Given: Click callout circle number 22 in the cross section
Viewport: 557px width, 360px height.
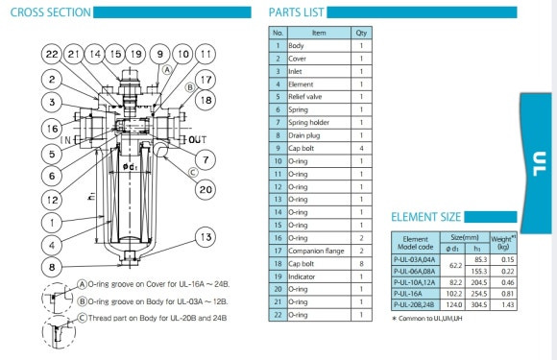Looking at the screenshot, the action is [52, 54].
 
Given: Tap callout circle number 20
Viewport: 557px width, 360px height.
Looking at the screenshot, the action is [206, 189].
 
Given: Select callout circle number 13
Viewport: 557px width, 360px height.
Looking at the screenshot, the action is [206, 237].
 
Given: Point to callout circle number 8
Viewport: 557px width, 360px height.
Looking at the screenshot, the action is [52, 267].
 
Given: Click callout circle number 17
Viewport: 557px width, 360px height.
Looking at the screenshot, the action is [206, 80].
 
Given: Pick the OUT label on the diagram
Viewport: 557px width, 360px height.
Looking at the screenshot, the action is [198, 139].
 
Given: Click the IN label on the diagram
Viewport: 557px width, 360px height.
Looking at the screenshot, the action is [66, 140].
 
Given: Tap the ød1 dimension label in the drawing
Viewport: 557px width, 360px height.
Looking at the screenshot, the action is [130, 166].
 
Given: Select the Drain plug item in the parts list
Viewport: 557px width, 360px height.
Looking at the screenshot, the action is [304, 135].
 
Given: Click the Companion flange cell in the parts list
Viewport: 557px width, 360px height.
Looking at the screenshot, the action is [316, 251].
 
